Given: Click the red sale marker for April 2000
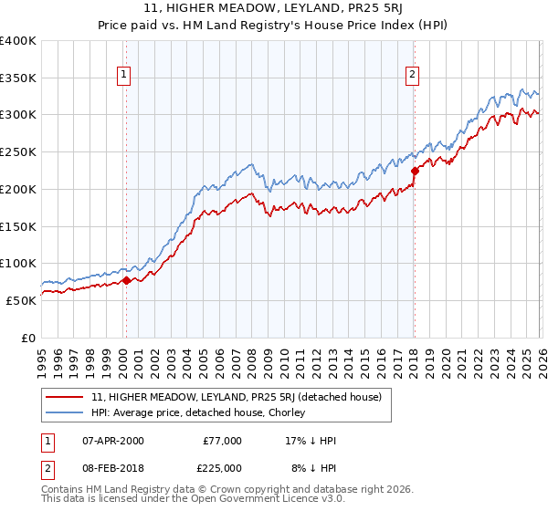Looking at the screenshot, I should point(126,280).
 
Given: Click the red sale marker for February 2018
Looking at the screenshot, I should point(414,170).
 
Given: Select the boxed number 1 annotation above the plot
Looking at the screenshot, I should point(124,76).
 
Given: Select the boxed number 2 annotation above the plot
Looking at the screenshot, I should point(413,76).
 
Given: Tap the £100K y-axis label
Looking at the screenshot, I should point(18,263).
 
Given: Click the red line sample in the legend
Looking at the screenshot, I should point(65,397).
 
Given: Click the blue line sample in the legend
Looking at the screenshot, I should point(65,412).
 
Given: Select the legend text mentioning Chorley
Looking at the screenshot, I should point(197,412).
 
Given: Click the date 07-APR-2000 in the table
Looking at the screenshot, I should point(112,440).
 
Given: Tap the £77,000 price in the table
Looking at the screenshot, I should point(222,440).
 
